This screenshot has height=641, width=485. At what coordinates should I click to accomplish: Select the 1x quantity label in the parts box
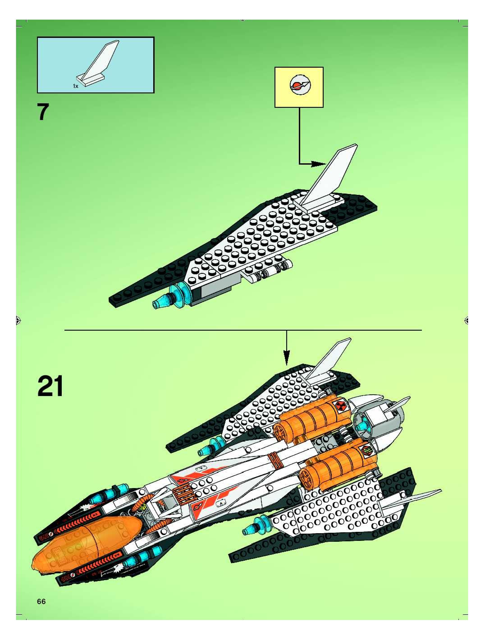click(x=75, y=86)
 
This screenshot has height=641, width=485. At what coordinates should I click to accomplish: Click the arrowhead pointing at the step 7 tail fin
click(x=320, y=164)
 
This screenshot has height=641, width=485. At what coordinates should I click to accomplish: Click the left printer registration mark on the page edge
click(x=18, y=320)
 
